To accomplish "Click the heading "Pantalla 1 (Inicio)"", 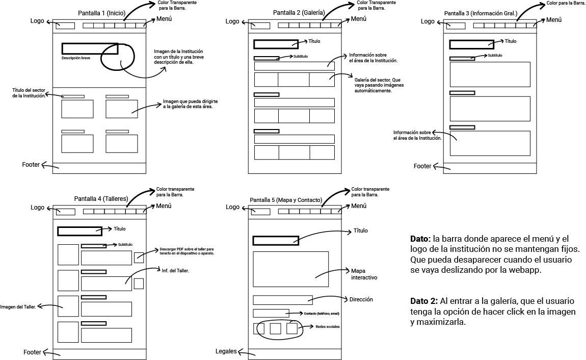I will pos(102,13).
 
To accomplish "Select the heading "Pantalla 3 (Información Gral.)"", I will pos(481,13).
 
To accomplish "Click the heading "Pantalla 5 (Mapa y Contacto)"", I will pos(286,200).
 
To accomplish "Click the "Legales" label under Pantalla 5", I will pos(226,351).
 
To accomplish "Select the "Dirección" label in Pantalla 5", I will pos(361,299).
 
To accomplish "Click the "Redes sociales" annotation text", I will pos(327,326).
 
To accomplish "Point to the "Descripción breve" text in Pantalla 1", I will pos(76,58).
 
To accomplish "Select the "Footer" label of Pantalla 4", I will pos(32,352).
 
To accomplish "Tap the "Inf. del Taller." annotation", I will pos(175,270).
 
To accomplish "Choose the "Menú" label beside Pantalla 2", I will pos(359,19).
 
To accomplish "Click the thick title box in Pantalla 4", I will pos(79,231).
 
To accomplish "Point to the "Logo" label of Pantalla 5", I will pos(232,207).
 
